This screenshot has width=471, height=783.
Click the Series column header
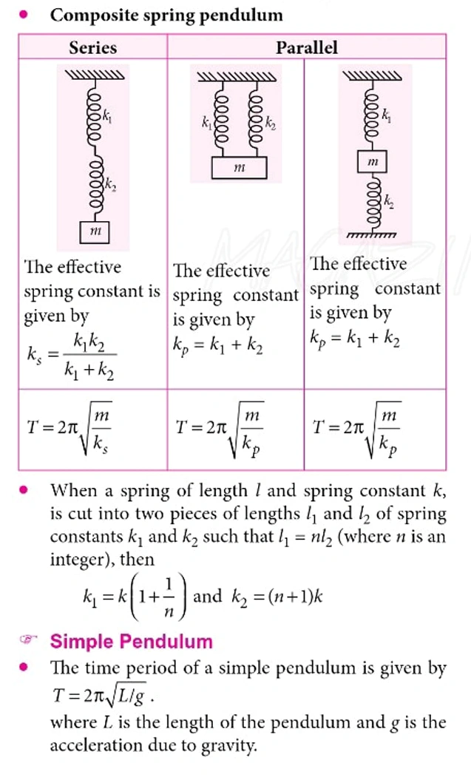pyautogui.click(x=92, y=47)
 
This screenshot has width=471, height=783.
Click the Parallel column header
pyautogui.click(x=306, y=47)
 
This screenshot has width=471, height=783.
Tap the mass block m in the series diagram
pyautogui.click(x=94, y=232)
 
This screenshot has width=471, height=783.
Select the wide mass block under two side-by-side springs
pyautogui.click(x=238, y=168)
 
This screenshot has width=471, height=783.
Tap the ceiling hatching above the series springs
pyautogui.click(x=94, y=75)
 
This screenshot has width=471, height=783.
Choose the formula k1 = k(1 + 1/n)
pyautogui.click(x=130, y=597)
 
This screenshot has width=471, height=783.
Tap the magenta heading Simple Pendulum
pyautogui.click(x=131, y=641)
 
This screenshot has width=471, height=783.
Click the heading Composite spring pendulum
pyautogui.click(x=166, y=16)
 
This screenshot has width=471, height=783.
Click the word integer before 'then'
pyautogui.click(x=78, y=560)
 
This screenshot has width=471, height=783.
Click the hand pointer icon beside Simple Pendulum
pyautogui.click(x=27, y=641)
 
